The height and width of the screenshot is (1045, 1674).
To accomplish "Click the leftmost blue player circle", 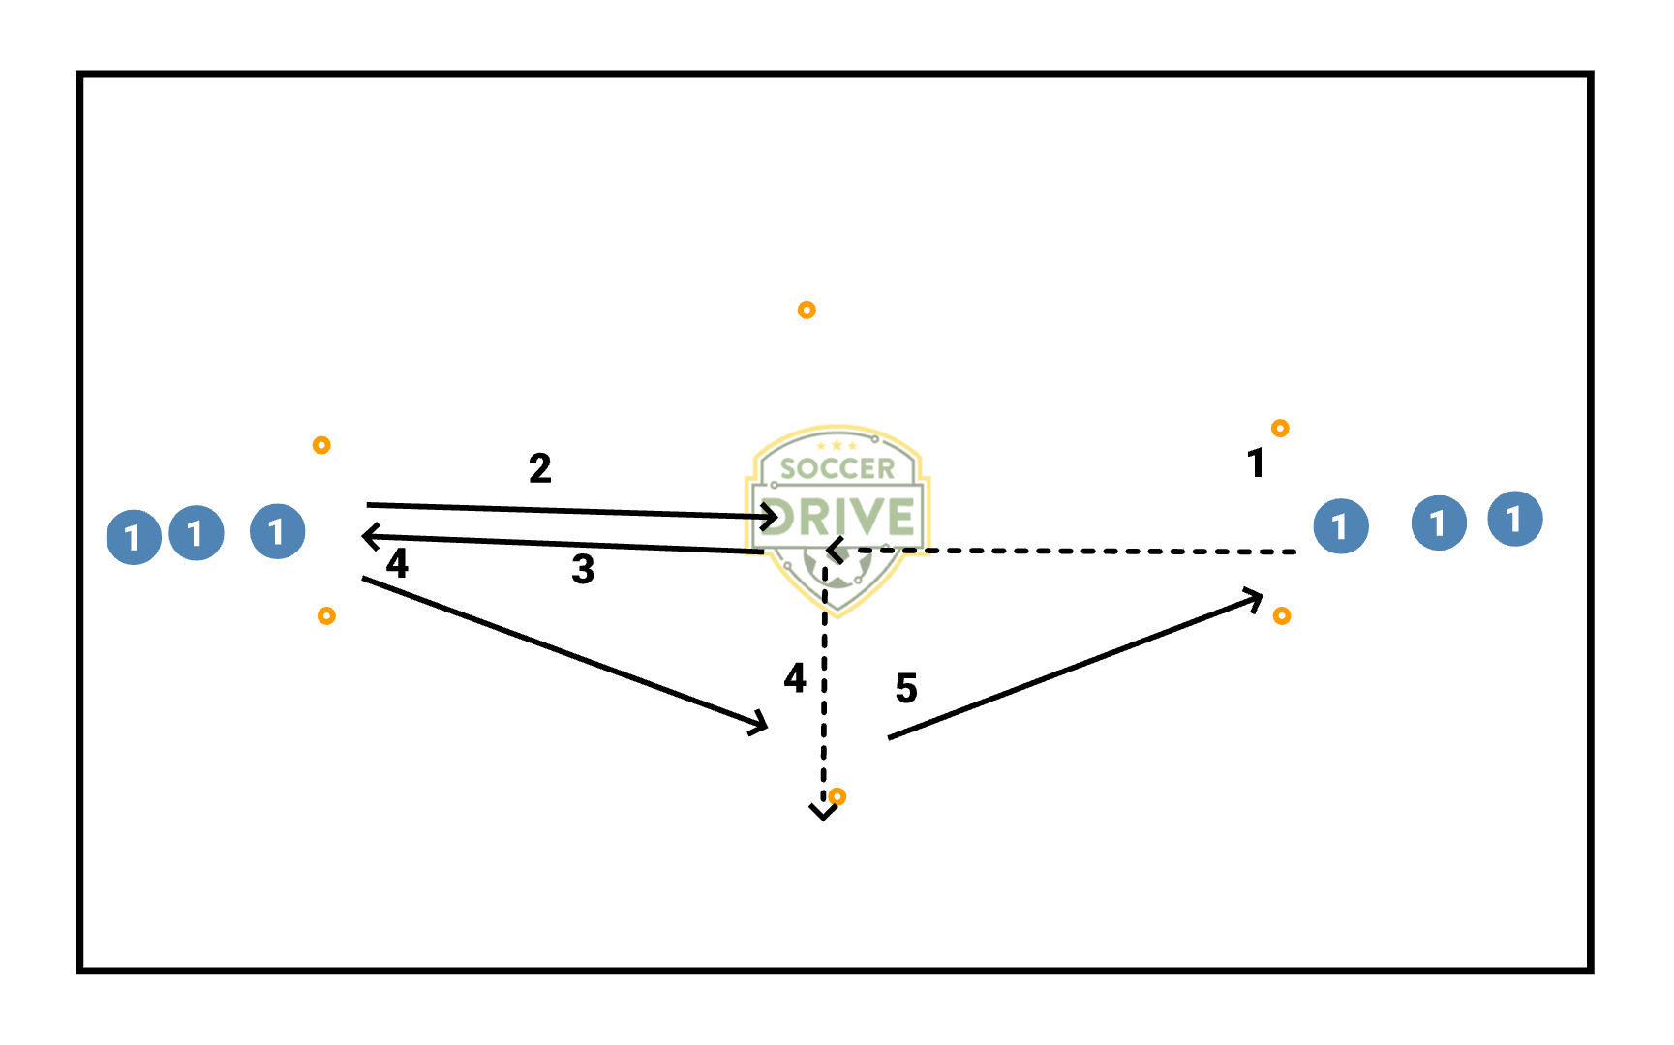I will pyautogui.click(x=134, y=537).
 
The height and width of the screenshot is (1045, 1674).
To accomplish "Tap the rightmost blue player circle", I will pyautogui.click(x=1515, y=520).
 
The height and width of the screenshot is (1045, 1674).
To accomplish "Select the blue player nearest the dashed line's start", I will pyautogui.click(x=1341, y=526).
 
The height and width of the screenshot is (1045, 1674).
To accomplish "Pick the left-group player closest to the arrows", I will pyautogui.click(x=278, y=531).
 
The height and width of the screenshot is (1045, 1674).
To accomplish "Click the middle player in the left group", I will pyautogui.click(x=197, y=533).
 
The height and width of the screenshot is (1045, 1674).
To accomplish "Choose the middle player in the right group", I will pyautogui.click(x=1439, y=523).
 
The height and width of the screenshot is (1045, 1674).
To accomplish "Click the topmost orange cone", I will pyautogui.click(x=807, y=310).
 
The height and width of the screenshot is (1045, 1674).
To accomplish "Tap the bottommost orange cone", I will pyautogui.click(x=837, y=796).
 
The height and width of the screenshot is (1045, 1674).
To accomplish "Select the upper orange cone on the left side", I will pyautogui.click(x=321, y=445).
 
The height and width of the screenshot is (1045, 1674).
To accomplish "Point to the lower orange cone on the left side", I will pyautogui.click(x=326, y=615).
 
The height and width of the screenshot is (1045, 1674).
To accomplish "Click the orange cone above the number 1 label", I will pyautogui.click(x=1280, y=428).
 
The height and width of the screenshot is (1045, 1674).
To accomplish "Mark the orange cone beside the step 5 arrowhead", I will pyautogui.click(x=1282, y=615).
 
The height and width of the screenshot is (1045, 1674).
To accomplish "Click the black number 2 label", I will pyautogui.click(x=540, y=469).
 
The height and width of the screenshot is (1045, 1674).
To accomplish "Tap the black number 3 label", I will pyautogui.click(x=583, y=570).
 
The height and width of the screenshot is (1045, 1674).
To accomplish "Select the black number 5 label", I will pyautogui.click(x=906, y=689).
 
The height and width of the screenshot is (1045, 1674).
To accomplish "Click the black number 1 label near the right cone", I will pyautogui.click(x=1256, y=464).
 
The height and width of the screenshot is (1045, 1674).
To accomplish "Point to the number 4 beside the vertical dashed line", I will pyautogui.click(x=795, y=678).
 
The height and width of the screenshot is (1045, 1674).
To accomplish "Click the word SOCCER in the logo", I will pyautogui.click(x=837, y=469).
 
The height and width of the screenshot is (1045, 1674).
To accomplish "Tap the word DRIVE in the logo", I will pyautogui.click(x=838, y=517).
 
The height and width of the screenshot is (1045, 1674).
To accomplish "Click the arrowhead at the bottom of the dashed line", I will pyautogui.click(x=824, y=812).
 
